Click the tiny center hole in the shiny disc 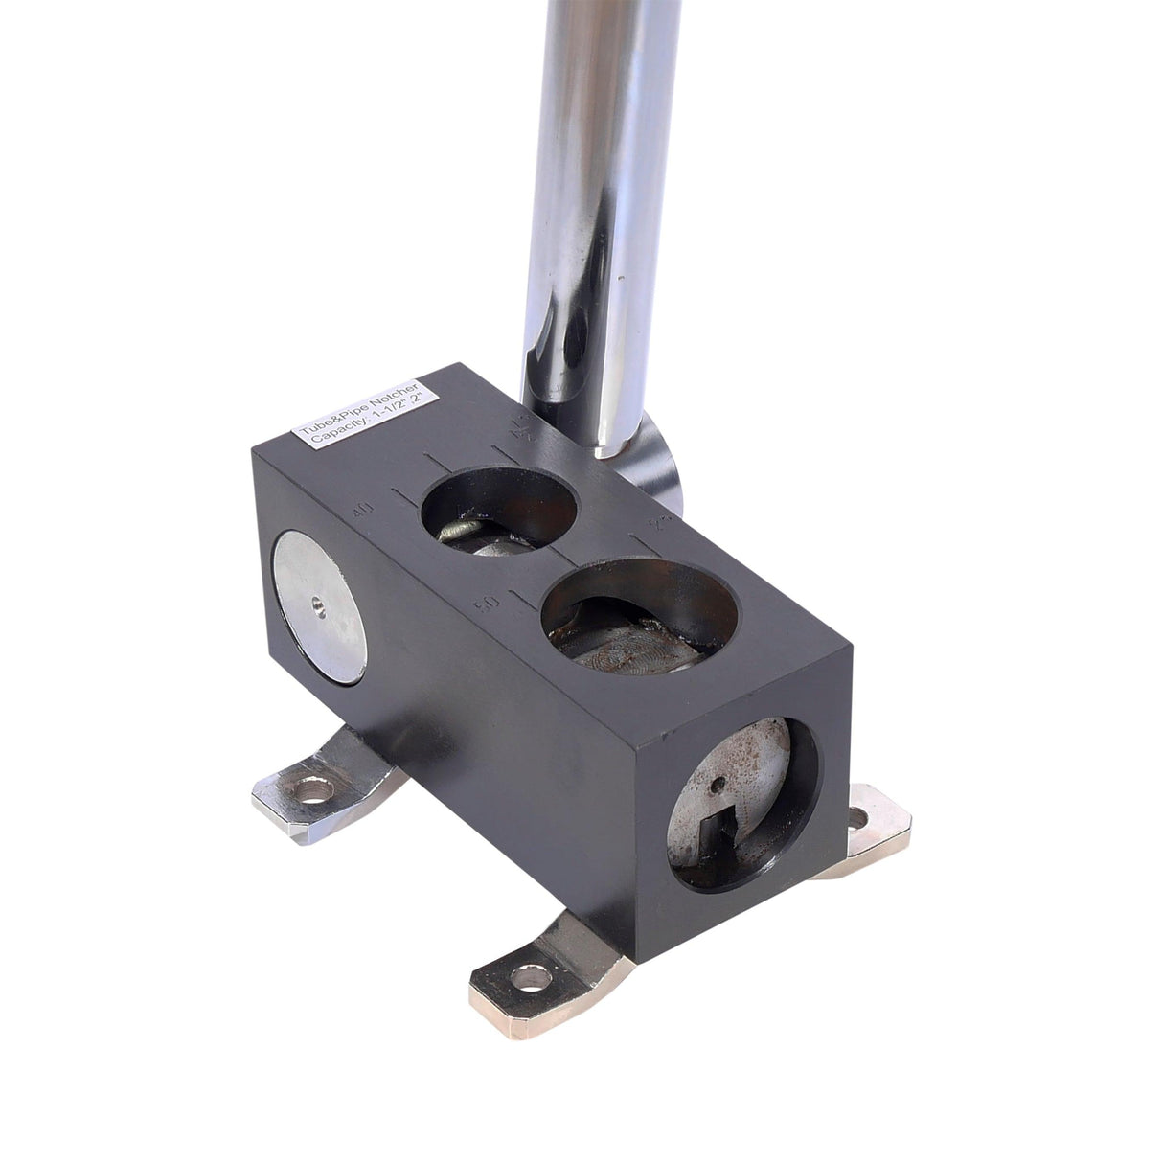[x=315, y=605]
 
